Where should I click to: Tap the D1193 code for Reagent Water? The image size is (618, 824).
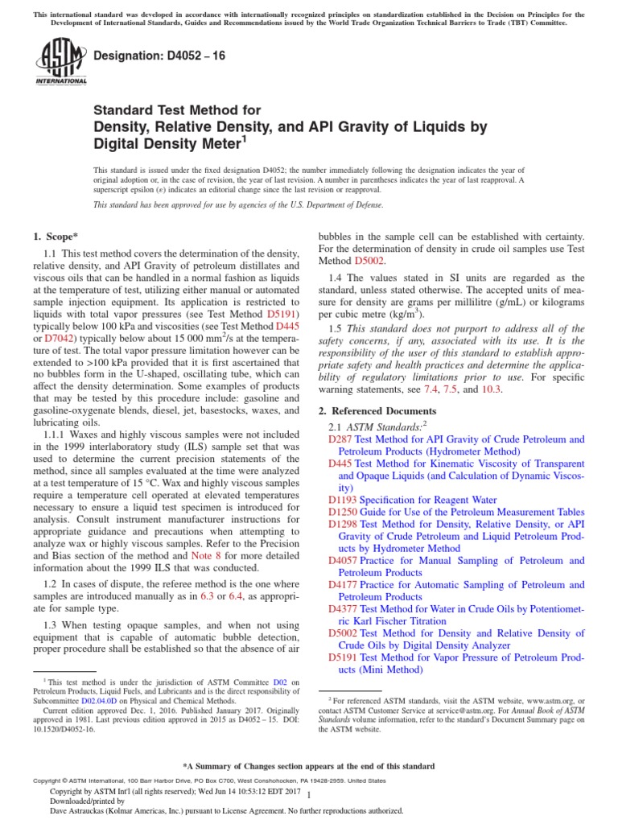tap(343, 500)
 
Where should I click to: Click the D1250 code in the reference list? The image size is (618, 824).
tap(343, 512)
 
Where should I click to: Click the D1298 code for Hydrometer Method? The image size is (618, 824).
tap(343, 524)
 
